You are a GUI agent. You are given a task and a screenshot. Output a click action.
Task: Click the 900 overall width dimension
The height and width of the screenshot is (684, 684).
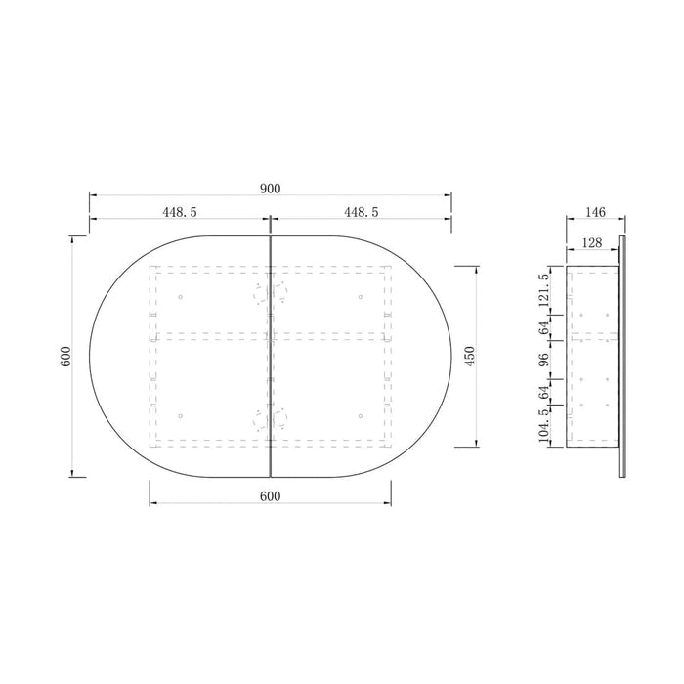271,189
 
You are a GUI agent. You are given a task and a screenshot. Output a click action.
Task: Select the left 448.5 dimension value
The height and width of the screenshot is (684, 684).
180,212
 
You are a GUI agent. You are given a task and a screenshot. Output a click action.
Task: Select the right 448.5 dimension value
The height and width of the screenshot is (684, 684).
362,212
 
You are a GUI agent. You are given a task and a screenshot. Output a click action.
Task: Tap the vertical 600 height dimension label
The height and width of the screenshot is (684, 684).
65,356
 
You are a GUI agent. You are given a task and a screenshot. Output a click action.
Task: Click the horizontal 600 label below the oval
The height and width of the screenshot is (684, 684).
271,496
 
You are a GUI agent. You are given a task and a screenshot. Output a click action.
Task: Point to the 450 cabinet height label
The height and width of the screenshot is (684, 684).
470,356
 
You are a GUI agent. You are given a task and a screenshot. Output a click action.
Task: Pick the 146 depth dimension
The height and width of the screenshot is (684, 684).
595,212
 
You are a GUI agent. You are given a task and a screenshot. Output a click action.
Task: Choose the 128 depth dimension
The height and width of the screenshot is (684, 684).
592,243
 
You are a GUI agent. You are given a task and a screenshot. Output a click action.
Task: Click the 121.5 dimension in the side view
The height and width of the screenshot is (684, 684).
543,290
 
